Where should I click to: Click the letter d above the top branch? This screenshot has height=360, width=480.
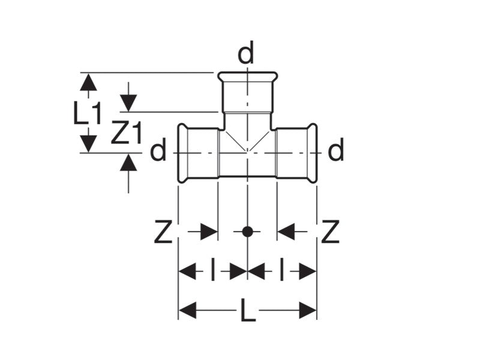pyautogui.click(x=246, y=55)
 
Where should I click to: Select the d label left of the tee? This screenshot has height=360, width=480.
pyautogui.click(x=157, y=151)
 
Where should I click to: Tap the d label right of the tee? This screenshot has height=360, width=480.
pyautogui.click(x=337, y=151)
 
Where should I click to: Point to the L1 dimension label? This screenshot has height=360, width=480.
pyautogui.click(x=89, y=113)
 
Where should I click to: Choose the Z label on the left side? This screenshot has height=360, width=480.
pyautogui.click(x=163, y=232)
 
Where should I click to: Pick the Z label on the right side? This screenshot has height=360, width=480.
pyautogui.click(x=330, y=232)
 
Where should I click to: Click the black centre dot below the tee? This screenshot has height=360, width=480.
pyautogui.click(x=247, y=232)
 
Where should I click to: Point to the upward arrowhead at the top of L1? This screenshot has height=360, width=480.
pyautogui.click(x=89, y=82)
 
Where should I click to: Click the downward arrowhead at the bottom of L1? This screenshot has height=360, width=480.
pyautogui.click(x=89, y=143)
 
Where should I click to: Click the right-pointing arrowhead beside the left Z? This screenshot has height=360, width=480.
pyautogui.click(x=208, y=232)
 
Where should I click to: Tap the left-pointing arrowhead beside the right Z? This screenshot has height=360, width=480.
pyautogui.click(x=286, y=232)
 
